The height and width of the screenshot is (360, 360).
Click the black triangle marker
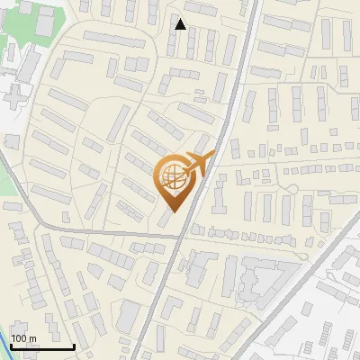(x=180, y=24)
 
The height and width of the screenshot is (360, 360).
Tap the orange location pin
(x=175, y=181)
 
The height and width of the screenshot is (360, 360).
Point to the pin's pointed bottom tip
(x=174, y=211)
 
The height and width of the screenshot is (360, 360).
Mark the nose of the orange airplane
(x=212, y=156)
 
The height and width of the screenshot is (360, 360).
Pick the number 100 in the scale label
(x=19, y=338)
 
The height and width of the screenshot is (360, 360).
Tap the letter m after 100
(x=32, y=338)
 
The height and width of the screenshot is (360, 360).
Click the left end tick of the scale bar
(x=11, y=345)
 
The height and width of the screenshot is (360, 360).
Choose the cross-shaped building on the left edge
(x=11, y=94)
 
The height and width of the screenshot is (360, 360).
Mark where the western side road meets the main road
(x=183, y=238)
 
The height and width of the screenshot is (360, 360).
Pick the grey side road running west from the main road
(x=108, y=233)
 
